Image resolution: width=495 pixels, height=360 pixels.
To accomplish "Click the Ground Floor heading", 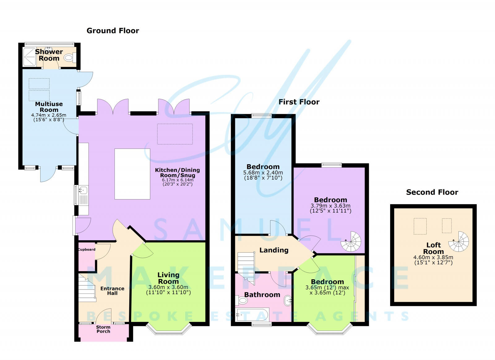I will pyautogui.click(x=113, y=31).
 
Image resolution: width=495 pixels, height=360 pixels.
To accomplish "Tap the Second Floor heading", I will pyautogui.click(x=432, y=192).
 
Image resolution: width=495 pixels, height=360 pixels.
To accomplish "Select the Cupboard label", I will pyautogui.click(x=87, y=250).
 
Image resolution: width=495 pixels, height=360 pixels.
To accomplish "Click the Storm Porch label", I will pyautogui.click(x=103, y=329).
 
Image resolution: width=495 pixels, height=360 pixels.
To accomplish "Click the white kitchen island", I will pyautogui.click(x=132, y=174).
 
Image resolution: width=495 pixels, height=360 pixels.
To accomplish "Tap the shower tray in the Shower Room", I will pyautogui.click(x=30, y=57).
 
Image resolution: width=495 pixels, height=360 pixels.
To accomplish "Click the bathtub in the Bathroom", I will pyautogui.click(x=252, y=315).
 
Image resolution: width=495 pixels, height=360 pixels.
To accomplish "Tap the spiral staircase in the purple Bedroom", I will pyautogui.click(x=351, y=242).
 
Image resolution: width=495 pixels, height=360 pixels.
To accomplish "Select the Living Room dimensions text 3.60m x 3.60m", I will pyautogui.click(x=168, y=287).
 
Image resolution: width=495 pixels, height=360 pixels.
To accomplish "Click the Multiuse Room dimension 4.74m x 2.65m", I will pyautogui.click(x=49, y=115).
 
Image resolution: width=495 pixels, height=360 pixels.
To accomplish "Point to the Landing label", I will pyautogui.click(x=274, y=250).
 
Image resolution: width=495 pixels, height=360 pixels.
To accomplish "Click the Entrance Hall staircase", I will pyautogui.click(x=87, y=289).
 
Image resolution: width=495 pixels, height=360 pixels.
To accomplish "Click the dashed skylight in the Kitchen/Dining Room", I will pyautogui.click(x=175, y=134).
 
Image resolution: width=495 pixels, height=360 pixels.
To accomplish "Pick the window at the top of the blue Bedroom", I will pyautogui.click(x=261, y=116).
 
